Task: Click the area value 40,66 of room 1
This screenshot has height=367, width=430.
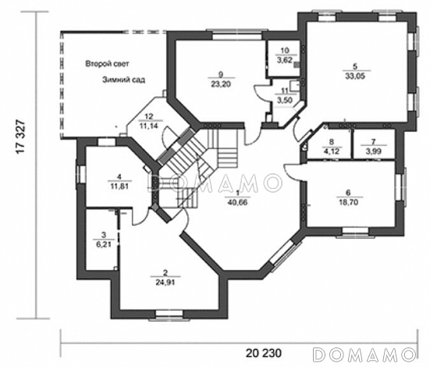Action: pyautogui.click(x=237, y=202)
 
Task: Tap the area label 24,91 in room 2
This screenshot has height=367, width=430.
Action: pyautogui.click(x=165, y=282)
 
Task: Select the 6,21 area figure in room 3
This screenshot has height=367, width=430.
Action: pyautogui.click(x=104, y=244)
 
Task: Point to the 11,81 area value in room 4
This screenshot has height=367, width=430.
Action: pyautogui.click(x=119, y=187)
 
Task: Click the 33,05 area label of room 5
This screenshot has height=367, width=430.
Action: pyautogui.click(x=355, y=76)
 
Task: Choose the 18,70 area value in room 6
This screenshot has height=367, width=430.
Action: pyautogui.click(x=348, y=202)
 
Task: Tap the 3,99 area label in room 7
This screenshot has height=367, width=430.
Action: pyautogui.click(x=374, y=151)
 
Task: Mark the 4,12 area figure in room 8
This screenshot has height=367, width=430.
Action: pyautogui.click(x=332, y=151)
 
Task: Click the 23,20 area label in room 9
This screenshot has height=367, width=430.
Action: pyautogui.click(x=221, y=84)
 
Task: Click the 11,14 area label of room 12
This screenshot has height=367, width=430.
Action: pyautogui.click(x=149, y=126)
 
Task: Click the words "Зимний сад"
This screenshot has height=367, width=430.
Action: pyautogui.click(x=123, y=80)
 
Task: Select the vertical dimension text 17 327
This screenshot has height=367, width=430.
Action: pyautogui.click(x=21, y=137)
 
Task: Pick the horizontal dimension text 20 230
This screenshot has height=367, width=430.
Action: pyautogui.click(x=264, y=353)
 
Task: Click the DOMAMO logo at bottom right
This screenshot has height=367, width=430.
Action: pyautogui.click(x=364, y=355)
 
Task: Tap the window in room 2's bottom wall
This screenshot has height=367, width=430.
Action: pyautogui.click(x=169, y=315)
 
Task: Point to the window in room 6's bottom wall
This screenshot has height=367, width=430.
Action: pyautogui.click(x=355, y=232)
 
